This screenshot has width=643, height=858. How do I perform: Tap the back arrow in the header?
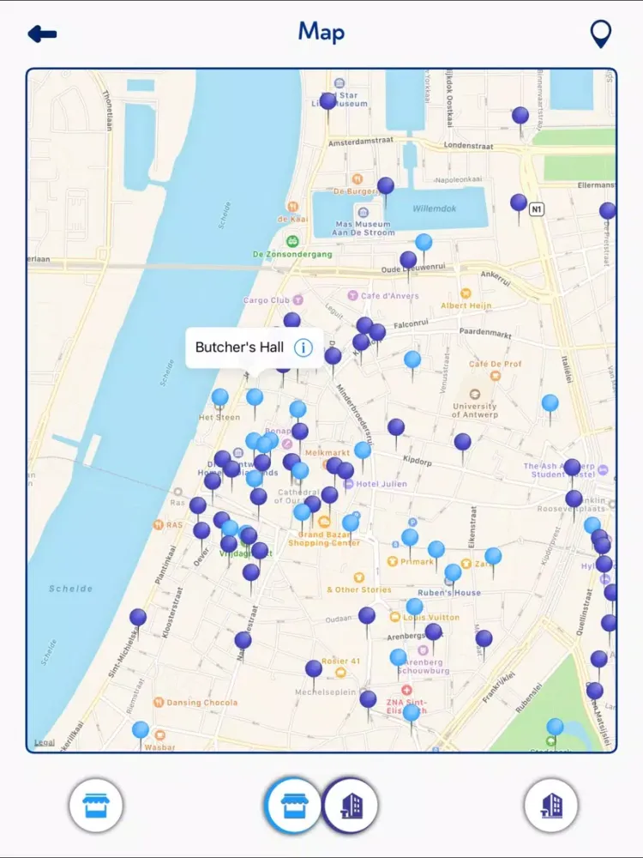[x=42, y=34]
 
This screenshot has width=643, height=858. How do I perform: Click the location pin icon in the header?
[x=601, y=34]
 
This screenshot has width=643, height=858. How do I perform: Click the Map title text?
[x=321, y=33]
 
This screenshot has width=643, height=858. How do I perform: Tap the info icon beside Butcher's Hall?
[x=303, y=347]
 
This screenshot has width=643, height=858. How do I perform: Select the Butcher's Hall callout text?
[x=239, y=347]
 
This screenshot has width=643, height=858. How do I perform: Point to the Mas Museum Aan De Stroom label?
[x=363, y=227]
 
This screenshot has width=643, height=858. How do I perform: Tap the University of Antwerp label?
[x=474, y=410]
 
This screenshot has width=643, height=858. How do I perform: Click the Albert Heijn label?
[x=466, y=305]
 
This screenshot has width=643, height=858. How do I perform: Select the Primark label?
[x=417, y=562]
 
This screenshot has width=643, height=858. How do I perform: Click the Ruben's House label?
[x=448, y=593]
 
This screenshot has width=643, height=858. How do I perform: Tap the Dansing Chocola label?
[x=202, y=703]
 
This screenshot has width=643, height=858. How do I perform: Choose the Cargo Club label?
[x=267, y=300]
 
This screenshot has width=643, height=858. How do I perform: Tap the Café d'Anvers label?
[x=388, y=296]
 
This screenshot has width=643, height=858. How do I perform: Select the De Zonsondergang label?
[x=292, y=254]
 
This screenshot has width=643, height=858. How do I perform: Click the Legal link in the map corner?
[x=43, y=742]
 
